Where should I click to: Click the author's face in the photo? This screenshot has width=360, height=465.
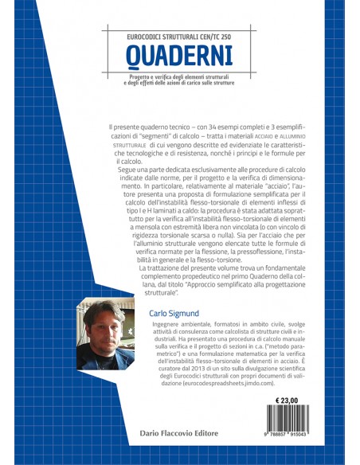pyautogui.click(x=104, y=326)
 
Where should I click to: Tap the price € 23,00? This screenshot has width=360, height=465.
pyautogui.click(x=290, y=400)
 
